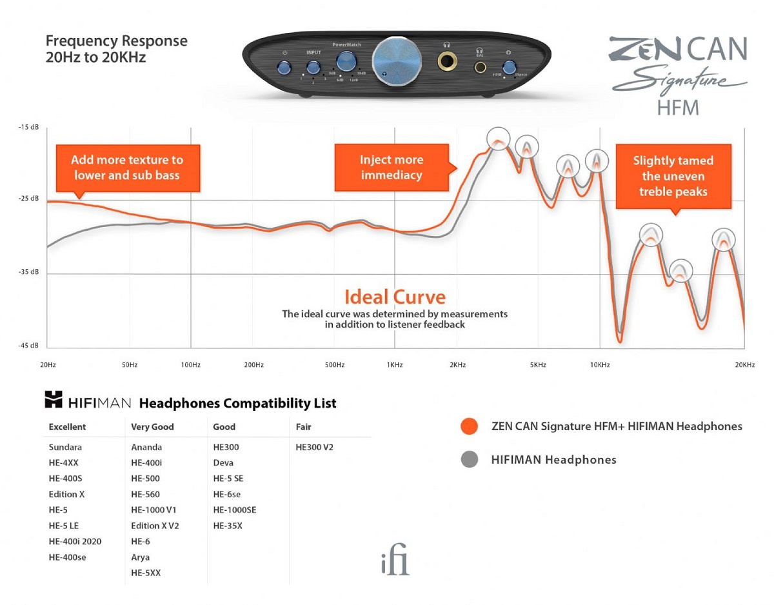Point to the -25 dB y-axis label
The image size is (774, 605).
(x=28, y=199)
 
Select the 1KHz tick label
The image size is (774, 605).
(x=395, y=365)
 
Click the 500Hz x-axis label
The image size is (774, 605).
(x=334, y=365)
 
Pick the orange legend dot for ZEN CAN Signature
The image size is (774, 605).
(x=470, y=426)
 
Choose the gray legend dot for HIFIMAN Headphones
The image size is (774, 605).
(x=470, y=460)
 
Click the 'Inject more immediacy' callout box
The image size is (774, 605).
(x=391, y=168)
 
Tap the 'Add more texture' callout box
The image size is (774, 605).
(x=127, y=167)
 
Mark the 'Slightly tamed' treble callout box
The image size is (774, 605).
(x=673, y=176)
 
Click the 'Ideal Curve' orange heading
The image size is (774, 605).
(x=395, y=297)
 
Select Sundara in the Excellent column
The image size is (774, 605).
(x=65, y=447)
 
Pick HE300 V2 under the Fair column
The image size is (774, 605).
(x=314, y=447)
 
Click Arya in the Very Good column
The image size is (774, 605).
(x=140, y=557)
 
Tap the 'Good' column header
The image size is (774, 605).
(x=224, y=426)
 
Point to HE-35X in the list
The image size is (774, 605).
(x=228, y=526)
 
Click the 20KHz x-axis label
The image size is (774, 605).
(x=744, y=365)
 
